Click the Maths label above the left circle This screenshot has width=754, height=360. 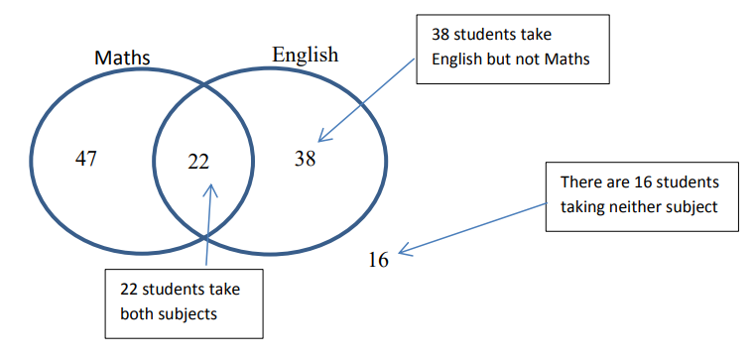[122, 58]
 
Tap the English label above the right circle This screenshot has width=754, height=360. [305, 55]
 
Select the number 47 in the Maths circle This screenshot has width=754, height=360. [86, 159]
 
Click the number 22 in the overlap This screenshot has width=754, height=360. [198, 162]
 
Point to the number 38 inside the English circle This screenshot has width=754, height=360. [305, 158]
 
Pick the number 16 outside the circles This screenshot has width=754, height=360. [378, 260]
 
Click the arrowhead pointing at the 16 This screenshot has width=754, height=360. [402, 252]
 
